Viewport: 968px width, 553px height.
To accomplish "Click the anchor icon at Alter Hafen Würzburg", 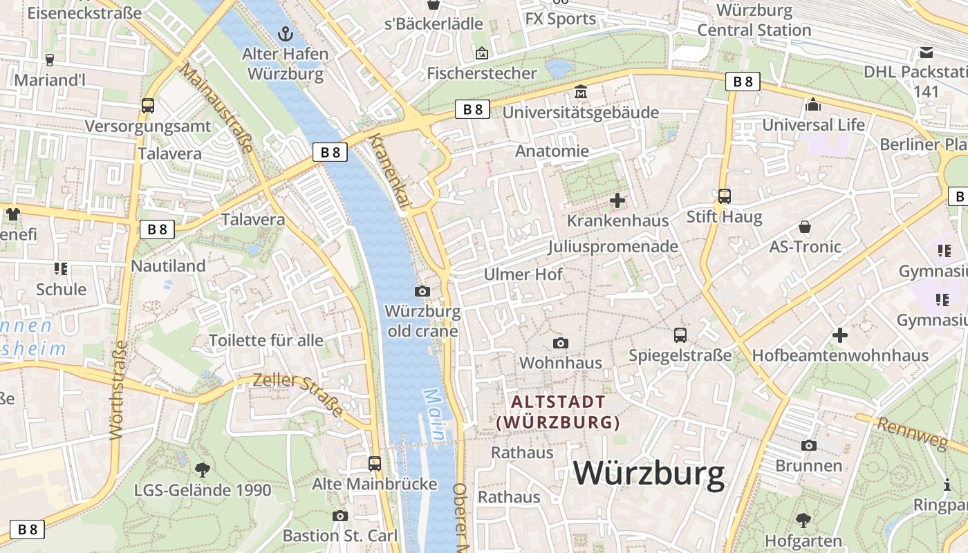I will coord(284,33).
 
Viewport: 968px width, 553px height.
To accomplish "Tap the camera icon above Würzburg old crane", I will coord(422,292).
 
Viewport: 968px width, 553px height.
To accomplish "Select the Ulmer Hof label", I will coord(523,274).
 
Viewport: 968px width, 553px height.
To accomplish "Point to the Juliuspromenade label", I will coord(613,247).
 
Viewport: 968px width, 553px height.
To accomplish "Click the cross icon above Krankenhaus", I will coord(617,200).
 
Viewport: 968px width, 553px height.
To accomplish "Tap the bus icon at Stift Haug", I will coord(724,196).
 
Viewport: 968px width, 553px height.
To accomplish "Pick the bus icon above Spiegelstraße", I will coord(680,335).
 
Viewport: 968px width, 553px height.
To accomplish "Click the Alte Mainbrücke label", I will coord(374,484).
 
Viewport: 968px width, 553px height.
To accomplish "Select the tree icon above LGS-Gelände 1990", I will coord(203,470).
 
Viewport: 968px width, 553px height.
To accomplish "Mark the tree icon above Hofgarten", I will coord(803,520).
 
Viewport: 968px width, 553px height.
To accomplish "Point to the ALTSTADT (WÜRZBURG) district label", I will coord(558,412).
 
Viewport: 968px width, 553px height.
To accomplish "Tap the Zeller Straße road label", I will coord(298,395).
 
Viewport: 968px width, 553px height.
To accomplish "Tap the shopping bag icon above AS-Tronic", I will coord(805,227).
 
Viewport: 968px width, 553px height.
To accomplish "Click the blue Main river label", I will coord(434,415).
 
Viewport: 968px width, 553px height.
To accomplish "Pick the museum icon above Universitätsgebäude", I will coord(580,92).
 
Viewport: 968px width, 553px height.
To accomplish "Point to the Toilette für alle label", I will coord(266,340).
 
